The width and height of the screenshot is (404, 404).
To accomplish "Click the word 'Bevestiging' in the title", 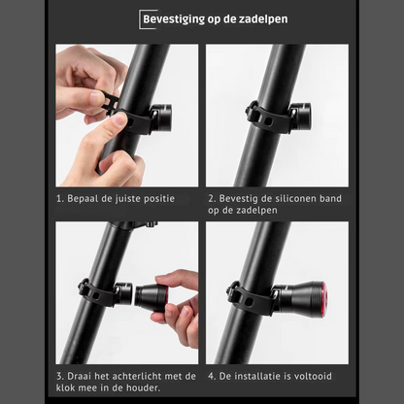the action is click(x=174, y=19).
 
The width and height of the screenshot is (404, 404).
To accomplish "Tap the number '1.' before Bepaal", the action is click(x=60, y=199).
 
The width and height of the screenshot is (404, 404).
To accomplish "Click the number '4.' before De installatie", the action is click(x=212, y=376).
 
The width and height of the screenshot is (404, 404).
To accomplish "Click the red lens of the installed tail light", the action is click(x=324, y=299).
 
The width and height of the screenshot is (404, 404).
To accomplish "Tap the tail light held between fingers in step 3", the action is click(x=151, y=298).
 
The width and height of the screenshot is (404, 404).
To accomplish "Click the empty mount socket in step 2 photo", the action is click(x=301, y=115).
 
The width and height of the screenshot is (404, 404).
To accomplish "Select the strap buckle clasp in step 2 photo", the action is click(x=252, y=110).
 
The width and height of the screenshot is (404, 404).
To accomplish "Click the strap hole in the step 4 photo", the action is click(x=249, y=302).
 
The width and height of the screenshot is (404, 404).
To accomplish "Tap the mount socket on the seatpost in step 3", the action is click(x=123, y=293).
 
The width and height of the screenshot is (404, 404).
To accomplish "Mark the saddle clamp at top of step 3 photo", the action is click(x=136, y=225).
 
